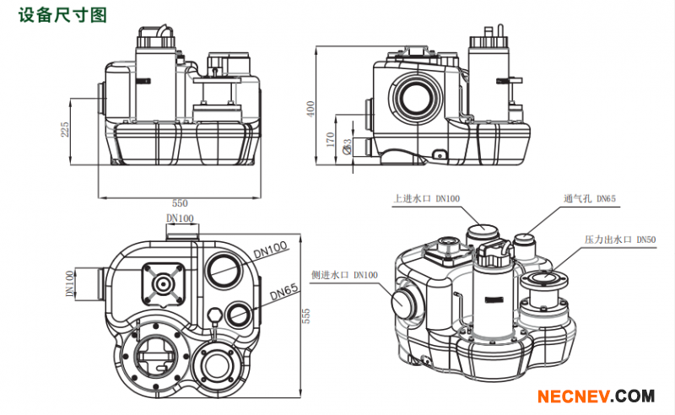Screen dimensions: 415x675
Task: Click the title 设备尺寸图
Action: (52, 14)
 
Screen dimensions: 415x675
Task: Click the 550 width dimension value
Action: (180, 203)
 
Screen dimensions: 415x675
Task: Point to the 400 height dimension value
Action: (310, 109)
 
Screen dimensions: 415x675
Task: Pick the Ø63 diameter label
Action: (348, 147)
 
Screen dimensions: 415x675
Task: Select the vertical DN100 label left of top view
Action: (70, 284)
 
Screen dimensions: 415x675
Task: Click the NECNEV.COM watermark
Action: (597, 396)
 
